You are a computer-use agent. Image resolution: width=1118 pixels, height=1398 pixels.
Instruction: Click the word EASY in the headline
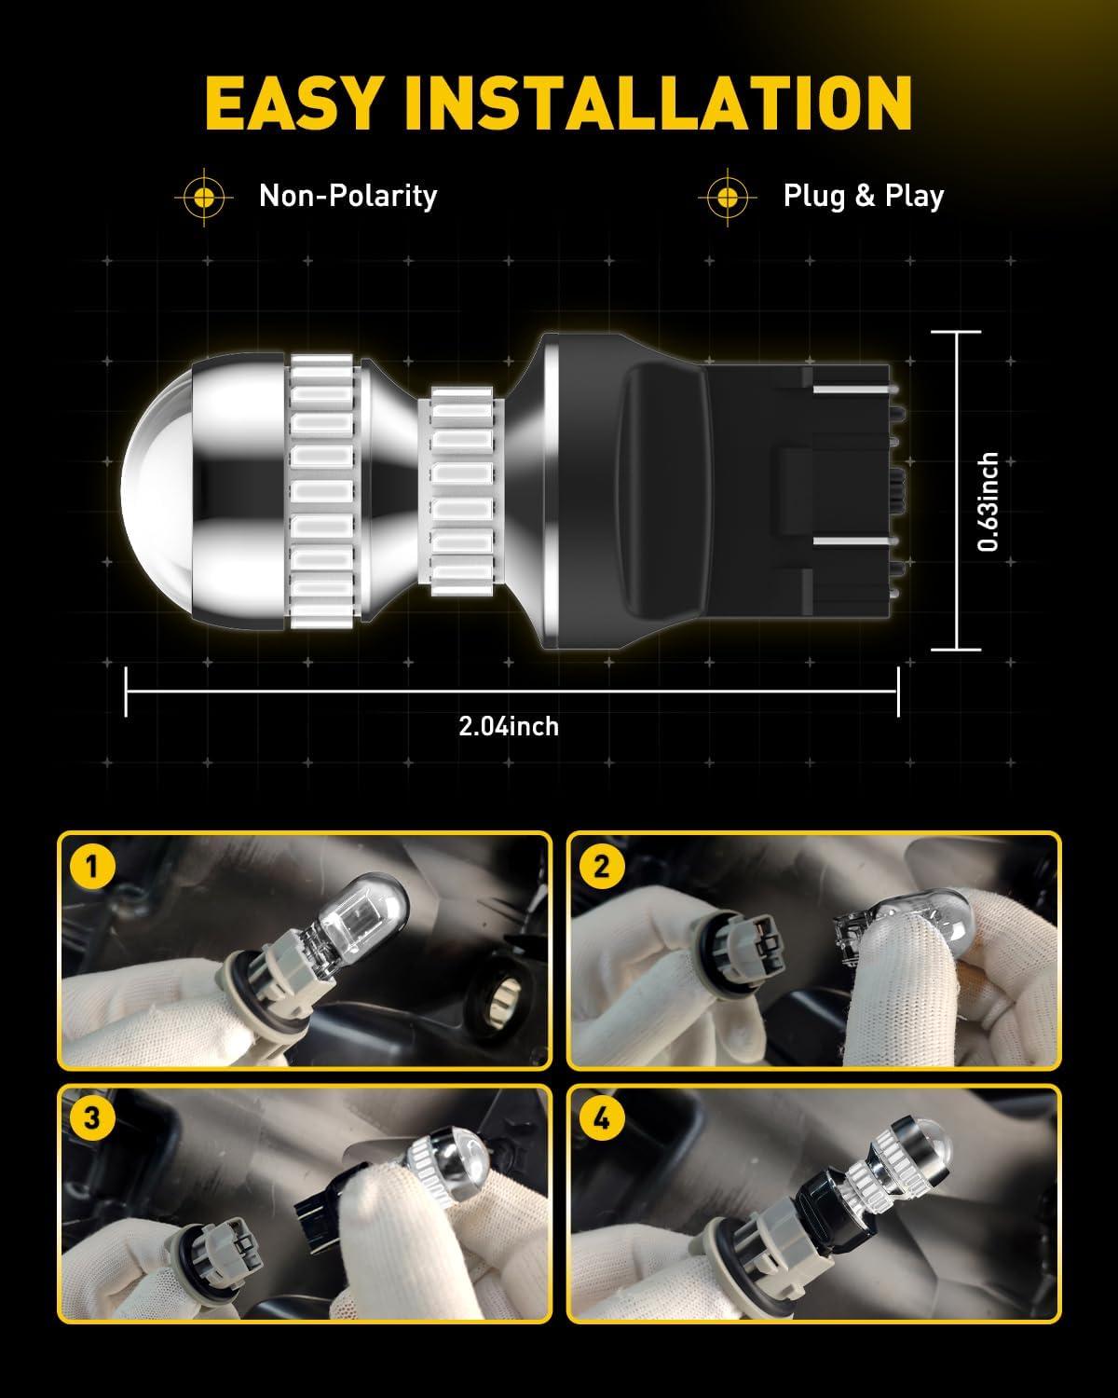click(x=292, y=103)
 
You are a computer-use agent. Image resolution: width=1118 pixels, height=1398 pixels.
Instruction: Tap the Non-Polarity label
click(x=348, y=197)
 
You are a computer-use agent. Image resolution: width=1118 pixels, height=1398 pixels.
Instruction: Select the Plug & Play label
click(x=864, y=197)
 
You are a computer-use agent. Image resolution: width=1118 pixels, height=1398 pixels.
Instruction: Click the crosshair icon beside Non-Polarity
click(x=204, y=198)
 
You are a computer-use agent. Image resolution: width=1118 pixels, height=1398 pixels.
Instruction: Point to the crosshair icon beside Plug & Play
click(x=728, y=198)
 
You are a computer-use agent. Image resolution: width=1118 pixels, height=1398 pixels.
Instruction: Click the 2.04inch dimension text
click(x=509, y=726)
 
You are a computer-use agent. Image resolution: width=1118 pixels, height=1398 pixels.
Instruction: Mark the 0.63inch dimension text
click(x=988, y=502)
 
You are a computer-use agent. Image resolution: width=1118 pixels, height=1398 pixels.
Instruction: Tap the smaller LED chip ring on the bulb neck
click(x=462, y=491)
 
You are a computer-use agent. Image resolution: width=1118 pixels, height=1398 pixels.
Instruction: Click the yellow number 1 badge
click(x=91, y=867)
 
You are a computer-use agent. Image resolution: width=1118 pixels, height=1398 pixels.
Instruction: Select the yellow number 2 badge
click(x=602, y=867)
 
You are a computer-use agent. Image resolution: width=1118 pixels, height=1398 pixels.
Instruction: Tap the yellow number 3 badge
click(x=91, y=1118)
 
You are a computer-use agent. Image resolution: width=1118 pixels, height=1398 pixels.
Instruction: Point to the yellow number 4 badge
click(x=602, y=1118)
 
